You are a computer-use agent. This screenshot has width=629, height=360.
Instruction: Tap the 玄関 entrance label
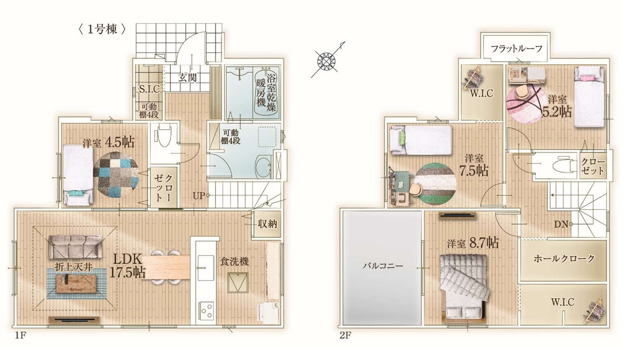187,78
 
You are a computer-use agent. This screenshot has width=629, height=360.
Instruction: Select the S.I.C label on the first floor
149,89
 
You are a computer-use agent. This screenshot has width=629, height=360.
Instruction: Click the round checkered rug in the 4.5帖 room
116,175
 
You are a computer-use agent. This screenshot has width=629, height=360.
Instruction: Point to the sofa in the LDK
75,247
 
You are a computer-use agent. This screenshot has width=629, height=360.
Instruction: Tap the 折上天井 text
74,267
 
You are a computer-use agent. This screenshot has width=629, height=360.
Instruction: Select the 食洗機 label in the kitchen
234,262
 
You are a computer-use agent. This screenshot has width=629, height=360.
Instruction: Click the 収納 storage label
267,224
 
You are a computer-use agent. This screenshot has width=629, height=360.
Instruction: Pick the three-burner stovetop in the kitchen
206,310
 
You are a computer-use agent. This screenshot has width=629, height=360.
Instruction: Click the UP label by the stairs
199,195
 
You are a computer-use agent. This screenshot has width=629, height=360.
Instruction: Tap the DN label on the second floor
561,224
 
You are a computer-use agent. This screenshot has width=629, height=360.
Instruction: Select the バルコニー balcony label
382,265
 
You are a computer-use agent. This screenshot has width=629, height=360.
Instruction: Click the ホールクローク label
564,258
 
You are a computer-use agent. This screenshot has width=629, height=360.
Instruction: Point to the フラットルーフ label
516,49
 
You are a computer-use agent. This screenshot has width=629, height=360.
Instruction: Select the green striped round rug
435,184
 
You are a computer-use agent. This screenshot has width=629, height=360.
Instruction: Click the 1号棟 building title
102,29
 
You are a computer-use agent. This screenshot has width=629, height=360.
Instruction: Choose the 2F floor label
345,335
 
